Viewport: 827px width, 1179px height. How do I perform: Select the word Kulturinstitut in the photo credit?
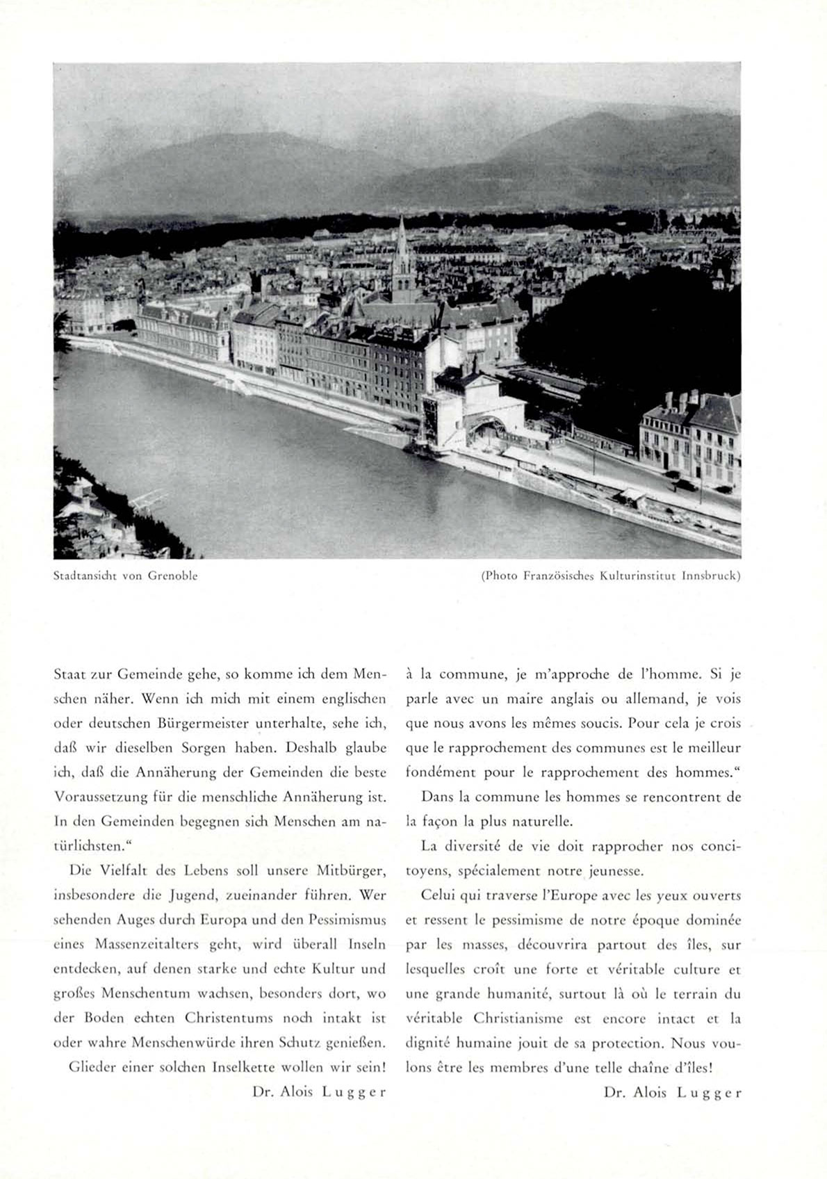pos(639,576)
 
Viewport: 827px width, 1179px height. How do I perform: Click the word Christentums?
pos(229,1018)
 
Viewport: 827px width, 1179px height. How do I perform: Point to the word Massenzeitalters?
pos(147,945)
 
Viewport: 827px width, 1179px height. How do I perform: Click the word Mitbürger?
pos(351,871)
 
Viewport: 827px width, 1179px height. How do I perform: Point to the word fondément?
pos(438,772)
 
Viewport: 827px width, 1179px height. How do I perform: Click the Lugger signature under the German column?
pos(354,1092)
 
